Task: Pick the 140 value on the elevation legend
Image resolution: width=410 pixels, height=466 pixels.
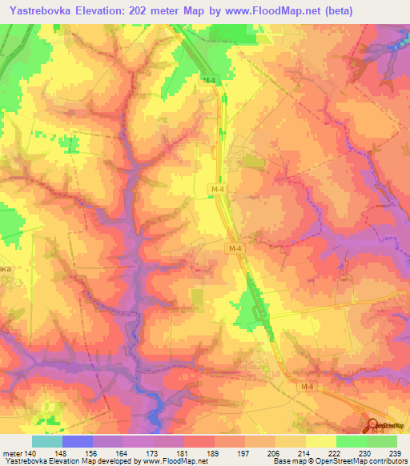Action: coord(30,452)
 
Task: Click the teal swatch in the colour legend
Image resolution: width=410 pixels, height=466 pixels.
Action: coord(46,441)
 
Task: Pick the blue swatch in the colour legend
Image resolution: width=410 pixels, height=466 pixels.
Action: coord(78,441)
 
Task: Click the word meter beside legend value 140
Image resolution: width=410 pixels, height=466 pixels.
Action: coord(12,452)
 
